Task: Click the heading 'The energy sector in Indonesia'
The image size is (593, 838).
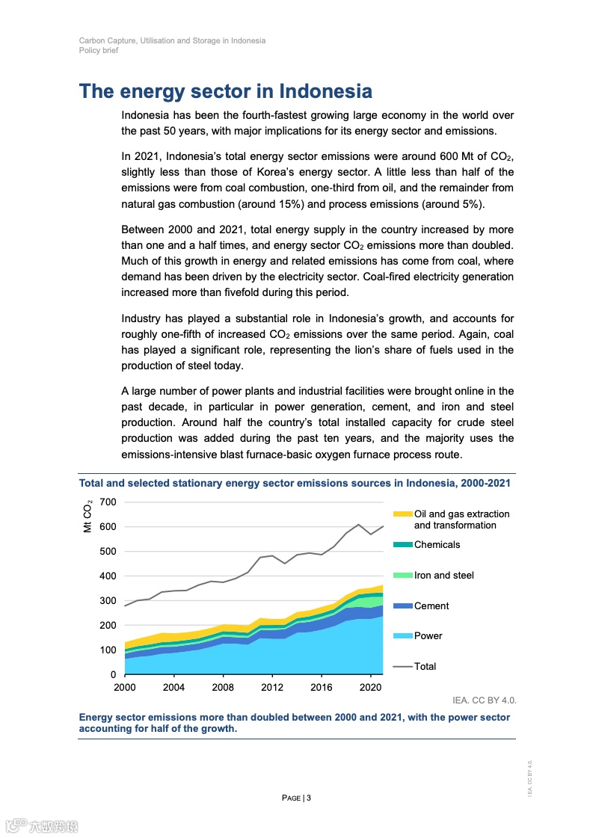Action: (x=225, y=91)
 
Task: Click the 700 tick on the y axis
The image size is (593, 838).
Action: (x=108, y=502)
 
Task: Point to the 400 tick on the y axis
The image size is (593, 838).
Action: (x=108, y=576)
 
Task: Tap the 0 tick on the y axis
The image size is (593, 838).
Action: (x=112, y=675)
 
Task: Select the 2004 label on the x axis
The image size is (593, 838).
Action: (x=173, y=687)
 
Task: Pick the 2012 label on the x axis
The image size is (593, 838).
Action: (x=272, y=687)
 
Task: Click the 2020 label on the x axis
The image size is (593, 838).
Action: (x=371, y=687)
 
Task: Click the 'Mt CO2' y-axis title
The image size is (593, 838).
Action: (x=88, y=516)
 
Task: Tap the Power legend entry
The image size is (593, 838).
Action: (x=428, y=636)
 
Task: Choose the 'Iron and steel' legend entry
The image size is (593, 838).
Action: (x=443, y=575)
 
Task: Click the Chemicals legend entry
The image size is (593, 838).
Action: (x=437, y=545)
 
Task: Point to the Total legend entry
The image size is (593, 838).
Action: (x=425, y=666)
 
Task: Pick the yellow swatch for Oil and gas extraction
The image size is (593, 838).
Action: (x=402, y=514)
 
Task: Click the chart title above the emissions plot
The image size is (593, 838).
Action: (x=295, y=483)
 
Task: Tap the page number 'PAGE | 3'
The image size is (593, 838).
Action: (x=296, y=798)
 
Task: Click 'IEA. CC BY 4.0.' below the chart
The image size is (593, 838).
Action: (x=485, y=700)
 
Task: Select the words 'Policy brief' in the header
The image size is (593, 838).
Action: (x=99, y=50)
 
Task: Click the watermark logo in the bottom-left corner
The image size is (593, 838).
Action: (x=42, y=826)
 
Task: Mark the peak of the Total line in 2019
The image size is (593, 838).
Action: (x=359, y=525)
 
